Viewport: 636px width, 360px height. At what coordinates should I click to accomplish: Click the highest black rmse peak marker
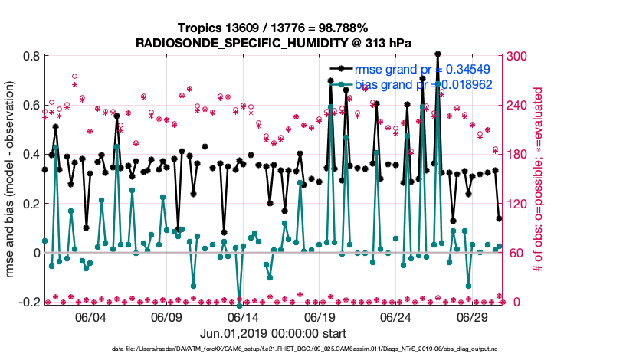pos(437,54)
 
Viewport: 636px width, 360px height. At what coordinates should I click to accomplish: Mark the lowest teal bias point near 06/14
pos(240,306)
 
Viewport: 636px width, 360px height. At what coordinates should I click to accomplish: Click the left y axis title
pos(11,179)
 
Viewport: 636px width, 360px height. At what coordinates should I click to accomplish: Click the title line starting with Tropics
pos(274,28)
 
